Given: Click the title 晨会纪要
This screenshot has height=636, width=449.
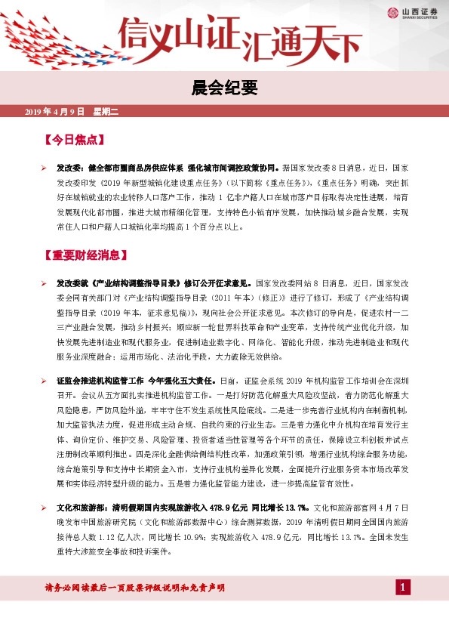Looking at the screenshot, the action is click(x=224, y=89).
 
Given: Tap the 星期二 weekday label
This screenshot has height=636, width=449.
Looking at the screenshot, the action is click(x=106, y=112).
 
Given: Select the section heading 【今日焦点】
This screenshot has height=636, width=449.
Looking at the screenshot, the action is click(x=73, y=140).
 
